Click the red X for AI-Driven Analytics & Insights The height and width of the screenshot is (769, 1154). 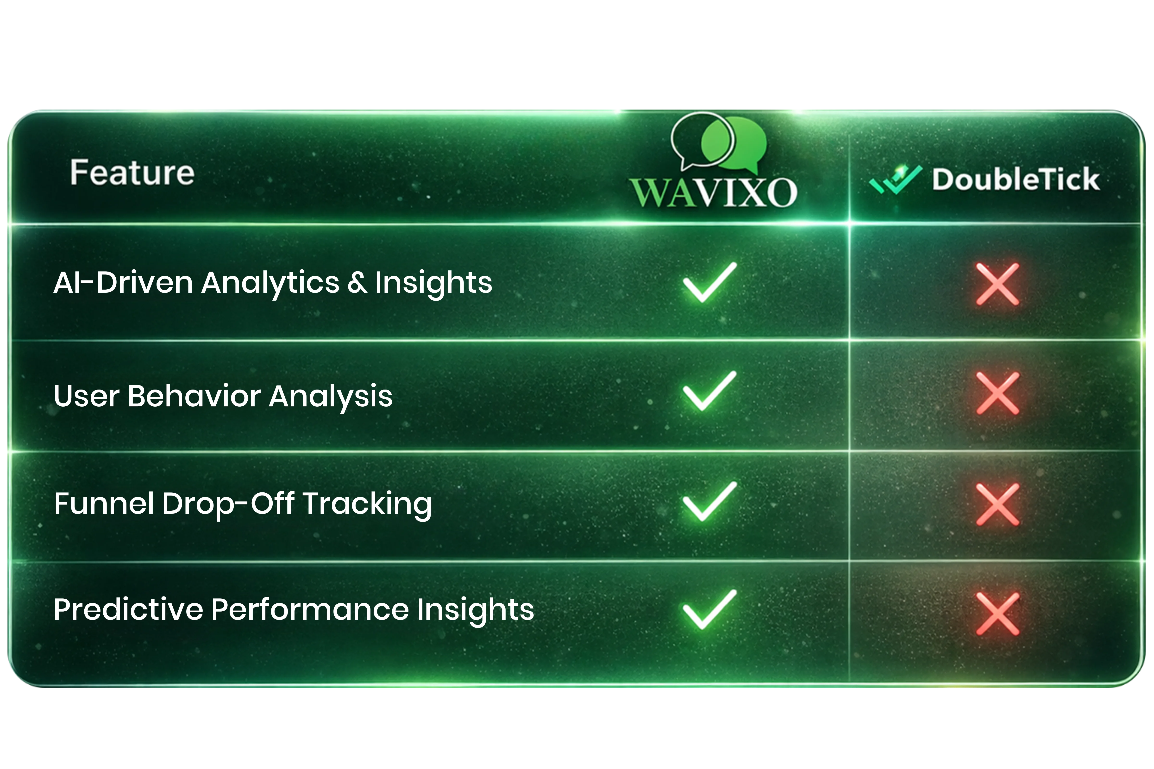997,285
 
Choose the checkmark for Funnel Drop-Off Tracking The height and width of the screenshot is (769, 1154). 709,501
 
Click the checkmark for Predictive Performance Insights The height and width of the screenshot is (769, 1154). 709,610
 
